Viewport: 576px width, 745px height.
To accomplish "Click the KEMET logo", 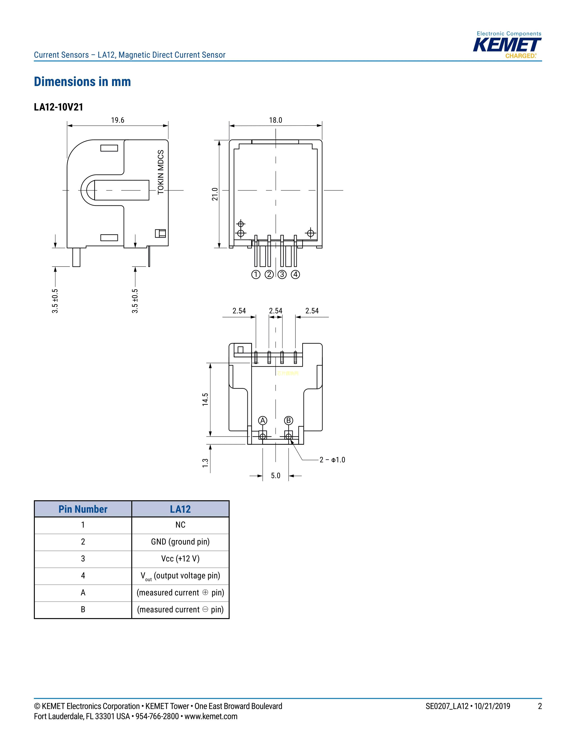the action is (x=507, y=45).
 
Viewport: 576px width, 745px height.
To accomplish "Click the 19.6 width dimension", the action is (x=117, y=120).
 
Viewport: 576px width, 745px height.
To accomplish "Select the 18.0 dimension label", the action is (x=275, y=120).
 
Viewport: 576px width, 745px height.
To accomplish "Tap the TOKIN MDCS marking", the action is (x=161, y=172).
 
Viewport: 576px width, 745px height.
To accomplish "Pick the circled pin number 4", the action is (x=295, y=275).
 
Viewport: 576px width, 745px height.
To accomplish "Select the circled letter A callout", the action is (x=262, y=421).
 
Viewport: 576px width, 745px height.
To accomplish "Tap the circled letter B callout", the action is (x=289, y=421).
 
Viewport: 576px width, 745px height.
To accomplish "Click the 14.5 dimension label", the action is (x=205, y=399).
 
